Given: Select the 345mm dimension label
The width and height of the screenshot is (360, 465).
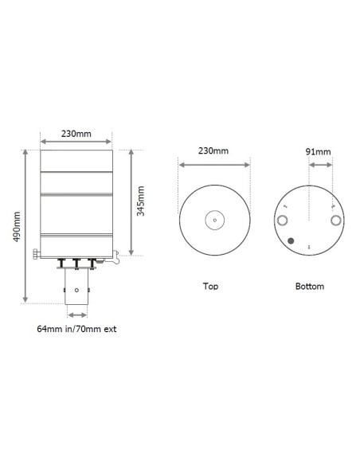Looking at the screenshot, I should click(141, 202).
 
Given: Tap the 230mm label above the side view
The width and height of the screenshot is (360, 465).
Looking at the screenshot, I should click(76, 134).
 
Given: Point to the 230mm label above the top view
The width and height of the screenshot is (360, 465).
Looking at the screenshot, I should click(214, 150).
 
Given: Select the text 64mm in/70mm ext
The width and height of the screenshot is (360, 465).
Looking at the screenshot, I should click(77, 328).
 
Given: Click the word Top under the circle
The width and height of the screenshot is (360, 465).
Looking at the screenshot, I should click(210, 285).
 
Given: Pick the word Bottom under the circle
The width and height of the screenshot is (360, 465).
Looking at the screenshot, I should click(309, 285).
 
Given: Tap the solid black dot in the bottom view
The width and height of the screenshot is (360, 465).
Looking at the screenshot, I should click(292, 240).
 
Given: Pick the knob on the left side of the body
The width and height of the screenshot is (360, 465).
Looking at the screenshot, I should click(37, 254).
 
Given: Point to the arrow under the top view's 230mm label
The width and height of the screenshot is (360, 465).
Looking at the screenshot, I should click(214, 166).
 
